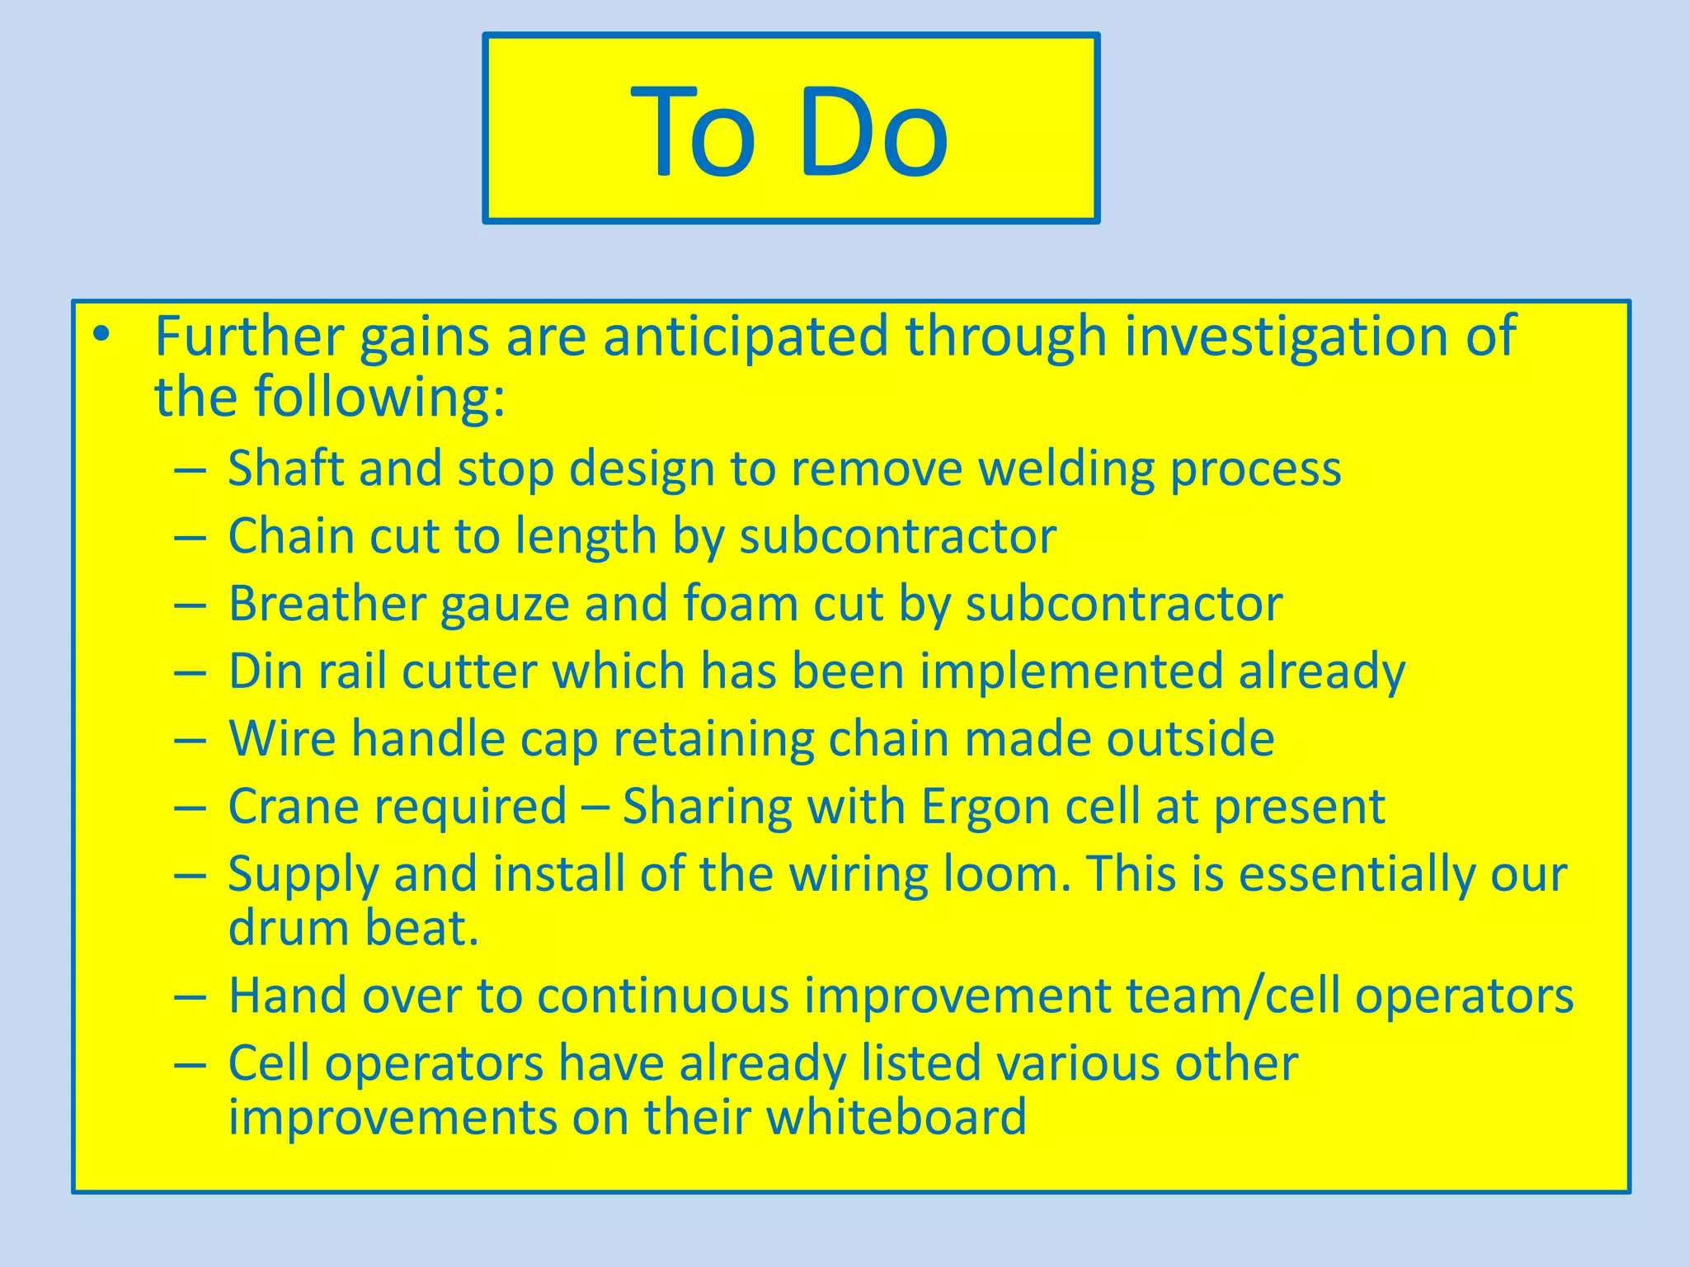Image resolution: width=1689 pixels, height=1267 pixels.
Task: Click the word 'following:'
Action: click(379, 398)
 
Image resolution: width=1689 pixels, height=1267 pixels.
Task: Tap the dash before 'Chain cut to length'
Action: click(190, 538)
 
